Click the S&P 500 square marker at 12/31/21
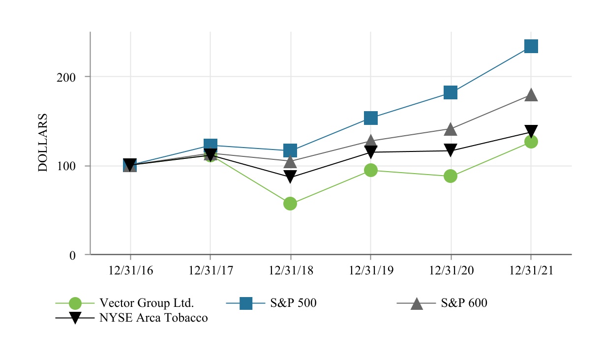click(531, 46)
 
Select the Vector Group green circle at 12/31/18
click(290, 204)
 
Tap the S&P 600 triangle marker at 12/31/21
click(531, 95)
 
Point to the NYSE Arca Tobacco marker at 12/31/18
click(290, 177)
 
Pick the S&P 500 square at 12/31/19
click(370, 118)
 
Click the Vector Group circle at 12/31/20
click(451, 176)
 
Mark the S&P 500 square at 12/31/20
click(451, 92)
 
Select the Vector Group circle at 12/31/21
click(531, 142)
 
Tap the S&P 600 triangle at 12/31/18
click(290, 161)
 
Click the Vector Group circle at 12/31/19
click(370, 170)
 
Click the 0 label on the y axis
click(72, 255)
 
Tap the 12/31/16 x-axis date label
click(130, 271)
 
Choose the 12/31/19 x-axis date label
click(370, 271)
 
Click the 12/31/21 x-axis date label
click(531, 271)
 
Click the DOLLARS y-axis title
click(43, 143)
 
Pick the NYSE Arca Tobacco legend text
click(153, 318)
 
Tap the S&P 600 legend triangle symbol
click(416, 303)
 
